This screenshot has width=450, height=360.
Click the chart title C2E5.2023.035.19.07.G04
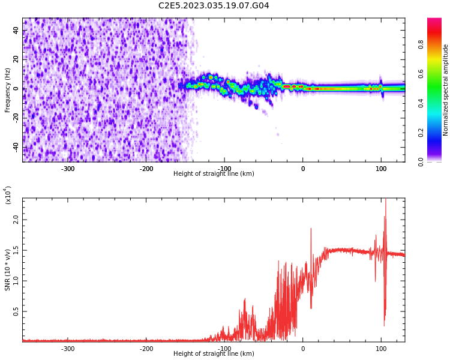click(x=214, y=6)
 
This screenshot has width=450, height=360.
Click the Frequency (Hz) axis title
click(x=8, y=89)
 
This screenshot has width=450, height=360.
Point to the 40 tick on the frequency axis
click(x=16, y=30)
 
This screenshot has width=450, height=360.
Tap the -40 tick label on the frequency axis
click(x=15, y=147)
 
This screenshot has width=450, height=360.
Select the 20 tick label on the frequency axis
click(x=16, y=59)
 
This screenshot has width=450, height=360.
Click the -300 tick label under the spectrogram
click(x=68, y=168)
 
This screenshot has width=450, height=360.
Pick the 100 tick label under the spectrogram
click(x=380, y=168)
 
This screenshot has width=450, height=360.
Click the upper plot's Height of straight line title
click(x=214, y=174)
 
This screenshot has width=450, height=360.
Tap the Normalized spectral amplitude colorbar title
click(x=446, y=89)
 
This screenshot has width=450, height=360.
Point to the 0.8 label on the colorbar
click(x=437, y=44)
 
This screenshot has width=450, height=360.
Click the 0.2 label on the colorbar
click(x=437, y=133)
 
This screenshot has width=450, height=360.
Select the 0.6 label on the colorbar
click(x=437, y=74)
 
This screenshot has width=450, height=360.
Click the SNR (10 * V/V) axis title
click(x=8, y=269)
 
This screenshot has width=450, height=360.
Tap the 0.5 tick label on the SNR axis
click(x=16, y=311)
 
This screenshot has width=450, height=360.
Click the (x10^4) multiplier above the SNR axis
click(x=8, y=195)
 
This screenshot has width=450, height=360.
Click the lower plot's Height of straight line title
click(x=214, y=354)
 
